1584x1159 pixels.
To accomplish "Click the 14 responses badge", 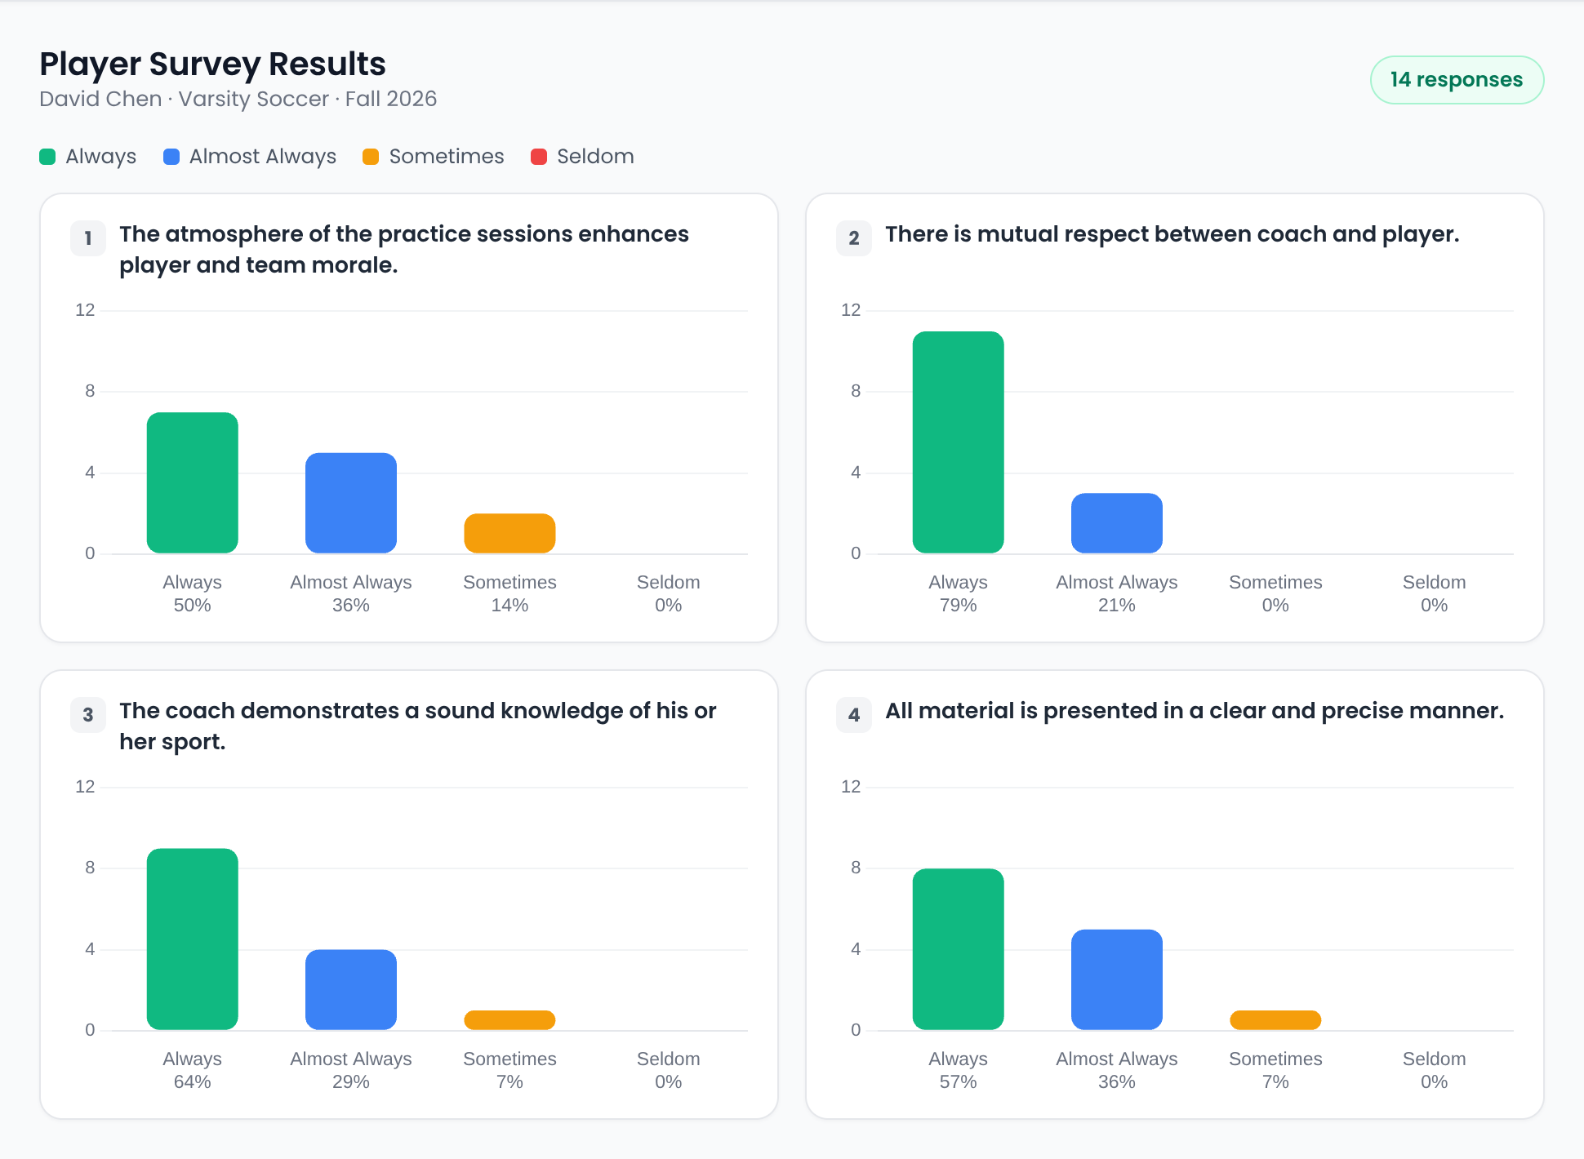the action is [x=1457, y=80].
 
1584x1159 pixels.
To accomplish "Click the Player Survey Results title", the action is [x=212, y=64].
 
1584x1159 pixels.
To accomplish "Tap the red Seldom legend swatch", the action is [x=539, y=157].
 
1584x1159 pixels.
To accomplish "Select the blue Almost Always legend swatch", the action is [x=171, y=157].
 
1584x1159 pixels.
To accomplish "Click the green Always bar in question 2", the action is [x=958, y=442].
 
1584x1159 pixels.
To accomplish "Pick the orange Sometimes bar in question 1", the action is [x=509, y=533].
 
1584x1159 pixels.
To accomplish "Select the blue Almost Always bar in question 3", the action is [x=351, y=989].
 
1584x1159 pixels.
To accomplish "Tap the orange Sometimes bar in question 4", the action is [x=1275, y=1020].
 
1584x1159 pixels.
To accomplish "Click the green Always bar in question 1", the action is [x=193, y=483].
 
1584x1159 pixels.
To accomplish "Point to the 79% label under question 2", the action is [x=958, y=606].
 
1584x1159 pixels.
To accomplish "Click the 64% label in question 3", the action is [x=193, y=1082].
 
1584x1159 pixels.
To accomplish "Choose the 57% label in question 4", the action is [x=958, y=1082].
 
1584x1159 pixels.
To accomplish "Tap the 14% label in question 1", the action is [x=509, y=606].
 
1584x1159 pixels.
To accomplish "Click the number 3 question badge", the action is [x=88, y=715].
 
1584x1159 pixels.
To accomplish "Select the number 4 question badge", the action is [x=854, y=715].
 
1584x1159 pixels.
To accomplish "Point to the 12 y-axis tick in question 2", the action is [x=851, y=310].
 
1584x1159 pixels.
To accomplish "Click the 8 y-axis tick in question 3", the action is [x=90, y=868].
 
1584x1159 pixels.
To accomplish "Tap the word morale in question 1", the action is [x=356, y=265].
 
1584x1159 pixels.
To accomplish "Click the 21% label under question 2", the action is [x=1116, y=606].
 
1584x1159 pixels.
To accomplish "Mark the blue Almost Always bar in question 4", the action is [x=1117, y=979].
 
